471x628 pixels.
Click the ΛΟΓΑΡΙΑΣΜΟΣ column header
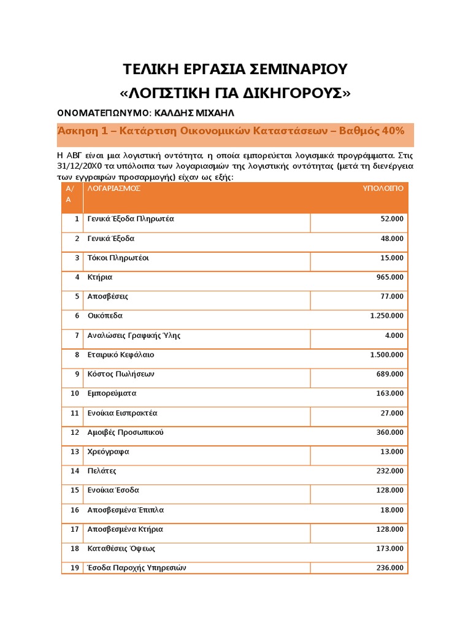[x=114, y=188]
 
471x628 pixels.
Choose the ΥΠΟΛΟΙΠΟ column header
[x=383, y=188]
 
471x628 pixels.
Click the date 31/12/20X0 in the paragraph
[x=82, y=166]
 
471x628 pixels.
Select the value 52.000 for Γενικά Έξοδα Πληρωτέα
[x=392, y=219]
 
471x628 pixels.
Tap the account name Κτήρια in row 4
[x=100, y=277]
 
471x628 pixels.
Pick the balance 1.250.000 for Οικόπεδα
[x=387, y=316]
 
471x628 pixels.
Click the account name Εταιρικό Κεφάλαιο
[x=121, y=354]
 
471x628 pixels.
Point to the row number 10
[x=75, y=393]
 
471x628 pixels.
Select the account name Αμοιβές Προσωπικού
[x=125, y=432]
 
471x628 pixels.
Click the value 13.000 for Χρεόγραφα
[x=392, y=452]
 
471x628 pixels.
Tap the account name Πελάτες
[x=102, y=471]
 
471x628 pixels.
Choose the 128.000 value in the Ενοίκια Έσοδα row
[x=389, y=491]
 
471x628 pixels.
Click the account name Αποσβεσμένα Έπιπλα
[x=125, y=510]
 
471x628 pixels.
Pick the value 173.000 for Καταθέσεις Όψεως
[x=389, y=549]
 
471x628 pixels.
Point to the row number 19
[x=75, y=568]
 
